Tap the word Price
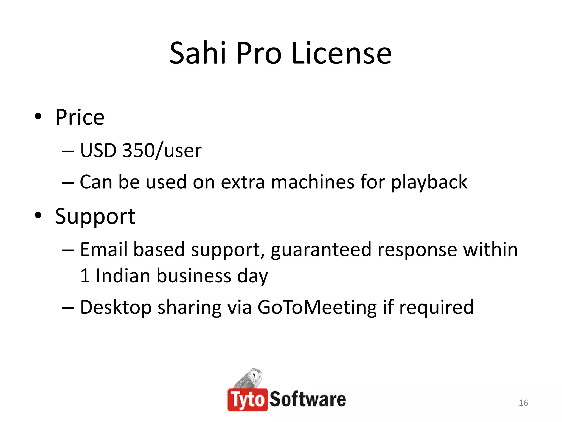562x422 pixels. (x=80, y=117)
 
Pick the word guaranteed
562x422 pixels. (x=321, y=250)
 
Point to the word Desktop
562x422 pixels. (x=116, y=307)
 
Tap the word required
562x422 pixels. (x=436, y=307)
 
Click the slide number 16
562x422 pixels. (x=523, y=403)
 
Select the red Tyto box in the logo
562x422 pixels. (x=248, y=400)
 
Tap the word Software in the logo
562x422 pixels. (x=308, y=400)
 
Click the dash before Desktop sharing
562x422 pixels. (x=68, y=308)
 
